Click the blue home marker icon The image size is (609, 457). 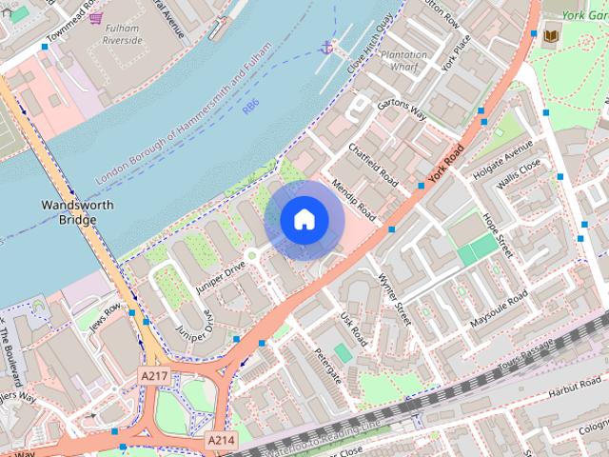[303, 219]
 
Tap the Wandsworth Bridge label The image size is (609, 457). [78, 212]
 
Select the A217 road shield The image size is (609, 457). [154, 376]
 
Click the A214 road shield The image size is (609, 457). [220, 441]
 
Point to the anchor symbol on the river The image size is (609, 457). [327, 47]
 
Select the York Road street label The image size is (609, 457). [445, 163]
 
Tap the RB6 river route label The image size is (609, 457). [250, 109]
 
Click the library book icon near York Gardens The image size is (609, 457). [552, 36]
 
